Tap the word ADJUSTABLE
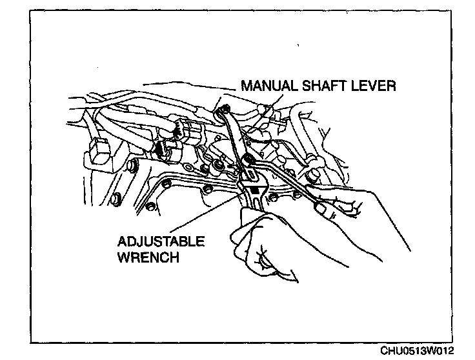tap(161, 242)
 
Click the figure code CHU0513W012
tap(416, 351)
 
